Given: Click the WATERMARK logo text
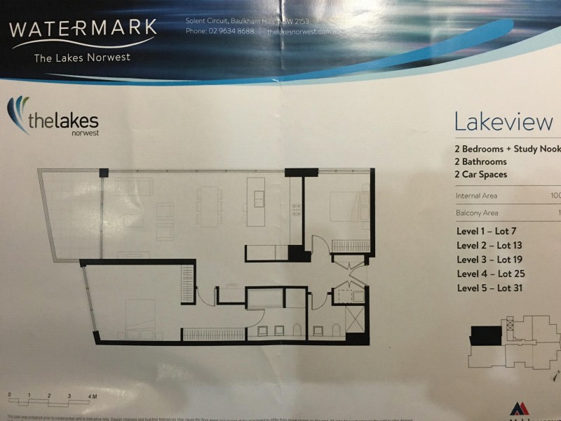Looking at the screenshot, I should pyautogui.click(x=83, y=30).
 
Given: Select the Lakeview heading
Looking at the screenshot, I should pyautogui.click(x=503, y=122).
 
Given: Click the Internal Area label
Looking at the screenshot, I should pyautogui.click(x=476, y=196).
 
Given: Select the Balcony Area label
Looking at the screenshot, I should pyautogui.click(x=476, y=213).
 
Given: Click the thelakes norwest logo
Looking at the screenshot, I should pyautogui.click(x=53, y=120).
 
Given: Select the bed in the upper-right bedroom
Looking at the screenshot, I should pyautogui.click(x=346, y=206).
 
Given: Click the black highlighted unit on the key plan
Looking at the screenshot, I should pyautogui.click(x=485, y=335).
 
